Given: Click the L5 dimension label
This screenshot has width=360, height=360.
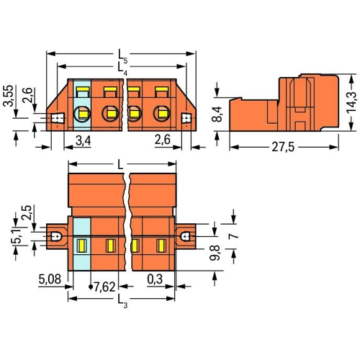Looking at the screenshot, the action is pyautogui.click(x=122, y=57).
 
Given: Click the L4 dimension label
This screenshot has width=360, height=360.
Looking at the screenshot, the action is pyautogui.click(x=122, y=69).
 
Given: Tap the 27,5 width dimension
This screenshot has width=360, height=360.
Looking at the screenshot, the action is pyautogui.click(x=283, y=147).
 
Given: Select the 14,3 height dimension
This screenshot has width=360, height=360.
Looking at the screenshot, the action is pyautogui.click(x=351, y=103).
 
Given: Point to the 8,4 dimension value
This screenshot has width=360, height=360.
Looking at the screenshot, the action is pyautogui.click(x=217, y=114).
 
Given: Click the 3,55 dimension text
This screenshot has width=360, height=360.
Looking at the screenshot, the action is pyautogui.click(x=9, y=95).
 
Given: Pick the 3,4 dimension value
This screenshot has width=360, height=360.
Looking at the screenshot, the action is pyautogui.click(x=84, y=140).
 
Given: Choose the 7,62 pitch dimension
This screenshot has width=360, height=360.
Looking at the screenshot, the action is pyautogui.click(x=104, y=287).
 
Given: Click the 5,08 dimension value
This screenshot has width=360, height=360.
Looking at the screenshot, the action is pyautogui.click(x=50, y=279).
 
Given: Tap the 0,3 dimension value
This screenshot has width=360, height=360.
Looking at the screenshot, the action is pyautogui.click(x=155, y=279).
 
